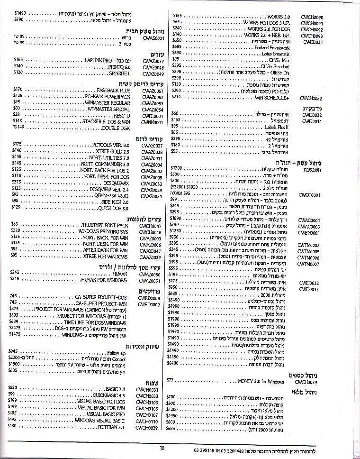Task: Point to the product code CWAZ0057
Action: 153,91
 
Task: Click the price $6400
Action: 173,363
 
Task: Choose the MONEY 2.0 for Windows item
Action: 261,381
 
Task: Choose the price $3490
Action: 174,300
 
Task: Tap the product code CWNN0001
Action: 153,122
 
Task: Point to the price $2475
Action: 15,328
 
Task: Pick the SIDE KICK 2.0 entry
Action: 113,201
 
